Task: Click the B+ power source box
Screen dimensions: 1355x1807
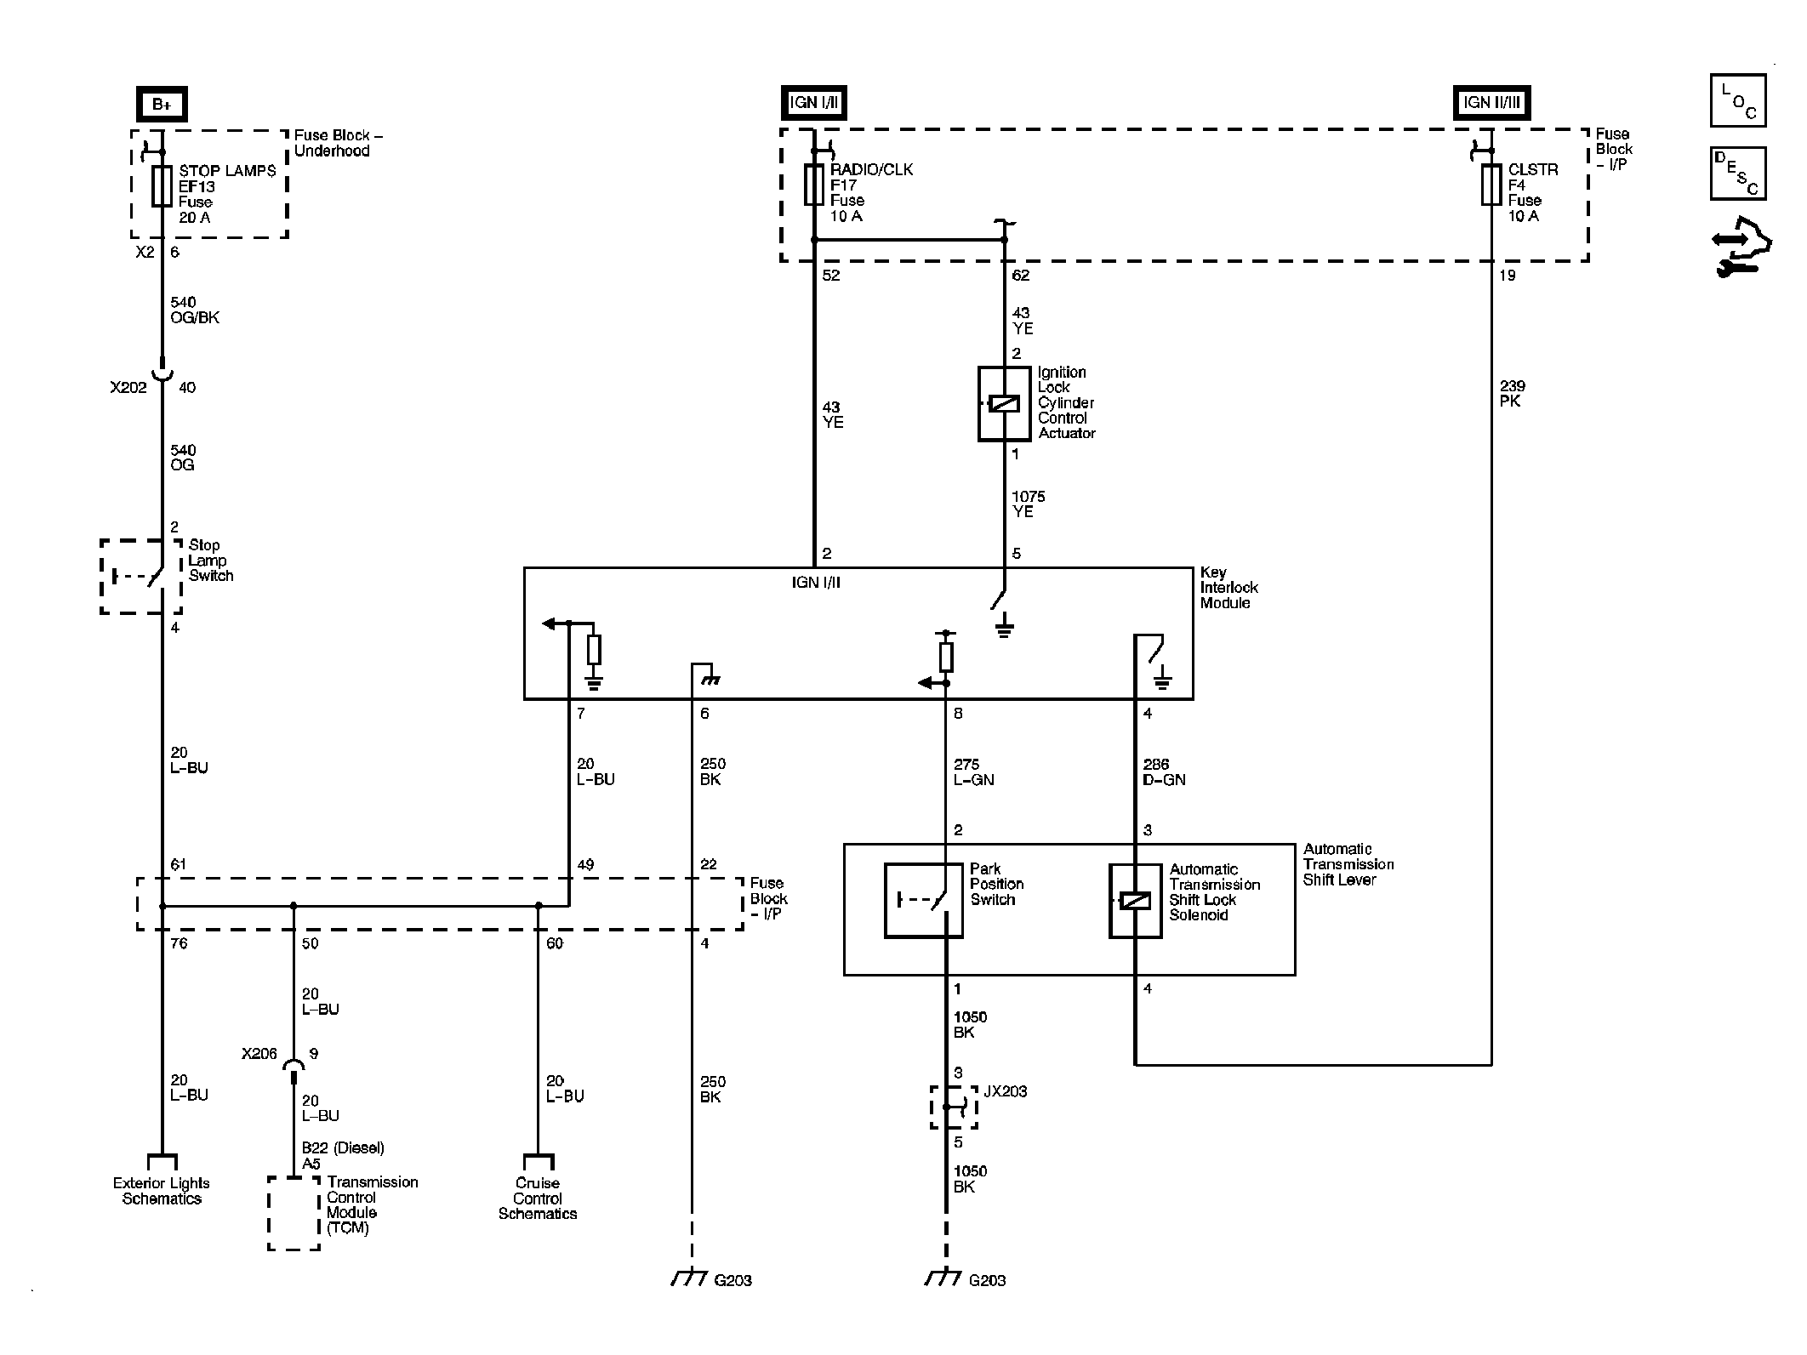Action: (x=162, y=105)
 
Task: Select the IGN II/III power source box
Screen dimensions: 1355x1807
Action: (x=1491, y=103)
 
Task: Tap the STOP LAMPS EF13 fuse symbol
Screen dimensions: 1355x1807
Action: (x=162, y=186)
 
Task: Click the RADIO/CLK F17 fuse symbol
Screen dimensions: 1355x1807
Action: (x=814, y=185)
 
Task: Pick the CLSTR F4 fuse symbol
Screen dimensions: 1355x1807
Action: (x=1491, y=185)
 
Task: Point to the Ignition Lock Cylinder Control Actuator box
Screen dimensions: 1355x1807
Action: (x=1004, y=403)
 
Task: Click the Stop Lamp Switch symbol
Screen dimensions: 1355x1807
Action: (x=141, y=576)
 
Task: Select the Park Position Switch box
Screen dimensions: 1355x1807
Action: (x=923, y=900)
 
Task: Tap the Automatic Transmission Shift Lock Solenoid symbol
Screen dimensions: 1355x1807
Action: (x=1135, y=900)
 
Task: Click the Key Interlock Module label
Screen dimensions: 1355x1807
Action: (x=1228, y=588)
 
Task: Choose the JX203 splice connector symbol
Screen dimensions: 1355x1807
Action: (x=953, y=1107)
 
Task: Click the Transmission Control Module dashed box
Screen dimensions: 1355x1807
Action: (x=294, y=1213)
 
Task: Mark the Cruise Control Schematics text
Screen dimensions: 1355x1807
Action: (x=538, y=1198)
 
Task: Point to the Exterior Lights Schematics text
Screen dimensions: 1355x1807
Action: (x=162, y=1191)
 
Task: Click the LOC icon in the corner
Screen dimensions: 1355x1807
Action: (x=1737, y=100)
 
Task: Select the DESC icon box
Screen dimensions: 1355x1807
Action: (x=1737, y=174)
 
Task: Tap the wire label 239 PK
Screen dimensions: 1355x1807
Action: (x=1513, y=393)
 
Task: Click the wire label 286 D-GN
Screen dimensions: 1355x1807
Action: (x=1164, y=772)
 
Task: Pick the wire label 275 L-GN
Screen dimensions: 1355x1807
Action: (x=973, y=772)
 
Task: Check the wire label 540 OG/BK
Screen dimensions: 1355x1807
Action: (x=195, y=310)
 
